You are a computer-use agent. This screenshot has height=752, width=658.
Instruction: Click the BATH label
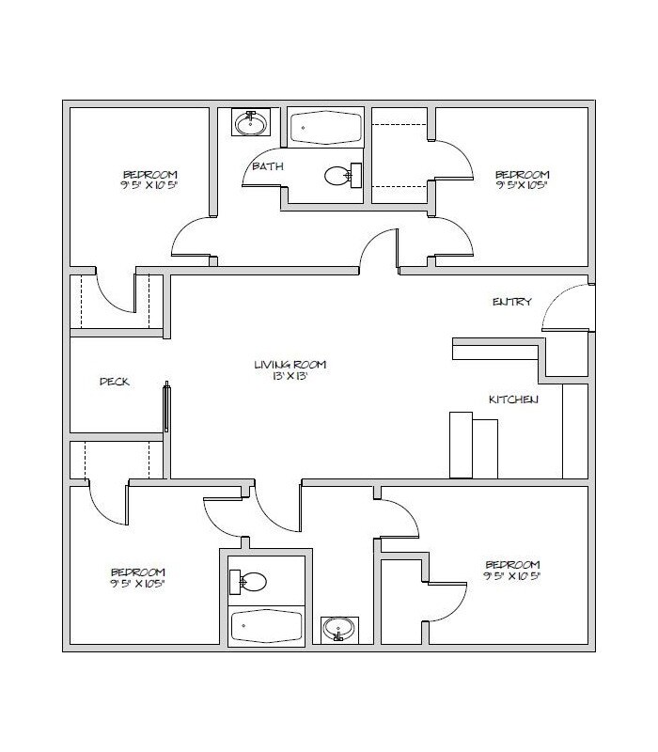point(262,166)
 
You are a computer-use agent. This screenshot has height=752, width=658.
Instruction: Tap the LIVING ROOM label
point(295,365)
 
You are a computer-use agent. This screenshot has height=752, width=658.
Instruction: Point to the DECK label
point(114,382)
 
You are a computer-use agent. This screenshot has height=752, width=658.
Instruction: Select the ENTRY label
point(512,302)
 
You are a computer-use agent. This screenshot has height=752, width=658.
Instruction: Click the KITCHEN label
point(512,400)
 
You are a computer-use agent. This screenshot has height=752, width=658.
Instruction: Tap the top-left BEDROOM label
point(150,174)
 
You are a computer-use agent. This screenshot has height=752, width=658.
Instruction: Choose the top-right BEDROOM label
point(522,174)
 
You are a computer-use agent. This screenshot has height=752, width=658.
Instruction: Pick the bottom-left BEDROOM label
point(138,572)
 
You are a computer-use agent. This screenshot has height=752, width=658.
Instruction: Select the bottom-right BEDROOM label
point(512,567)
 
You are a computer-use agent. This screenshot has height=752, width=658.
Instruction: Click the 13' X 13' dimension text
point(295,376)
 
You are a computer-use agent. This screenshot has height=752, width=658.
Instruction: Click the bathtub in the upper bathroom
point(325,128)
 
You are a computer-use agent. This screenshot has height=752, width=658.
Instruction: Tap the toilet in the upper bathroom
point(341,175)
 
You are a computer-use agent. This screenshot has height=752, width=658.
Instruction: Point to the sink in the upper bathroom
point(251,123)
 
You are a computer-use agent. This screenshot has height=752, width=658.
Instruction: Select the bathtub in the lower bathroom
point(266,623)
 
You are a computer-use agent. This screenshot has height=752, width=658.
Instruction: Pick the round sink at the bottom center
point(338,627)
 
